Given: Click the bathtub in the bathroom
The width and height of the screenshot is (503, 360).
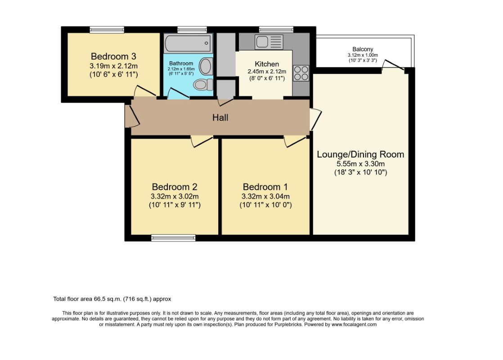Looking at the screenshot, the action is coord(188,43).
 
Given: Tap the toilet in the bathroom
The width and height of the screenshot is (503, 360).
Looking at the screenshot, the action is coord(203,85).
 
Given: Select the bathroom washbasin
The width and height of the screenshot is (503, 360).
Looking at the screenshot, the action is coord(206,67).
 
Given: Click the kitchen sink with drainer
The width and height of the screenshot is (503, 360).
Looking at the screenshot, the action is coord(269,42).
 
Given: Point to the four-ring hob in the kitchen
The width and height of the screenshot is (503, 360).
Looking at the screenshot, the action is coord(301,73).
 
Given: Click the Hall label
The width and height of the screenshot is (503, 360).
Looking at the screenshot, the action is coord(220,117).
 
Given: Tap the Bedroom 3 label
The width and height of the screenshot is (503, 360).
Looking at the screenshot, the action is coord(113,56).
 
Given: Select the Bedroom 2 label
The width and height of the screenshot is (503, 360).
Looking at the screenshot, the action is coord(175,187).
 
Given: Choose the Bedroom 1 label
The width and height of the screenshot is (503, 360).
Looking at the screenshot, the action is coord(265,187).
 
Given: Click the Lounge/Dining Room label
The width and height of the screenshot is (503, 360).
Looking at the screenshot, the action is coord(360,154).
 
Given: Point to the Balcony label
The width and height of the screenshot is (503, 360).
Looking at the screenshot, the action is coord(363,49).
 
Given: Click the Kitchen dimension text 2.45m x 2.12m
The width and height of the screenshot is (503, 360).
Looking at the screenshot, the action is coord(267,71).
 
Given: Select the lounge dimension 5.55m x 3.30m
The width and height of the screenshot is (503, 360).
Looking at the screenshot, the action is coord(360,164).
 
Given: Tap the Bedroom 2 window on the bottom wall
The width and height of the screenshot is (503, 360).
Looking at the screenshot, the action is coord(173,238).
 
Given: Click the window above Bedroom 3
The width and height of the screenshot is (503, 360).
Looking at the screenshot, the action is coord(107,30).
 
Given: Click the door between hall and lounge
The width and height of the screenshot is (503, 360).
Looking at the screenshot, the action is coord(315,119).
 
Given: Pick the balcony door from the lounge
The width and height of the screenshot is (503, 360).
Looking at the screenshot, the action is coord(393,65).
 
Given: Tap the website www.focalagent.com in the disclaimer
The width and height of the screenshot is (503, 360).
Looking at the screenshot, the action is coord(354,324).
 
